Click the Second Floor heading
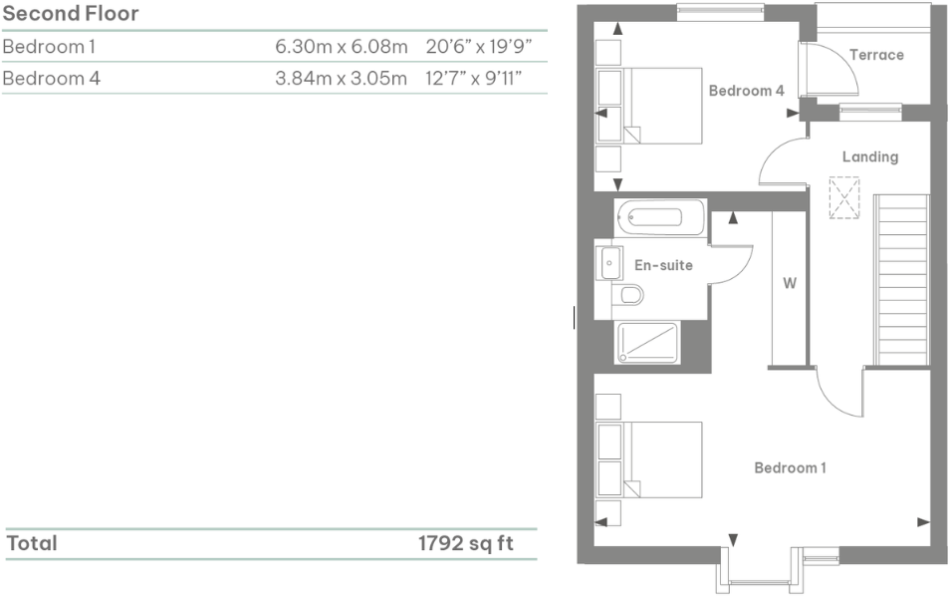[x=71, y=14]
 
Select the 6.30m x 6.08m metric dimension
[x=342, y=47]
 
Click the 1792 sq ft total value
[x=466, y=543]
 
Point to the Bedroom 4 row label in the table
[x=51, y=78]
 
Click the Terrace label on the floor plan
[x=876, y=55]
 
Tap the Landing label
[x=869, y=156]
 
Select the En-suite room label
[x=663, y=265]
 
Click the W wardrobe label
[x=789, y=283]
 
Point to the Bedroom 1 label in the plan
[x=790, y=467]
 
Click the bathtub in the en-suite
[x=659, y=216]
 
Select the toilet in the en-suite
[x=628, y=295]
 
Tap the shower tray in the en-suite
[x=647, y=342]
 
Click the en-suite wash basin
[x=608, y=263]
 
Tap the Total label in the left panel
[x=33, y=543]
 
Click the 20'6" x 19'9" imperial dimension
[x=480, y=47]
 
